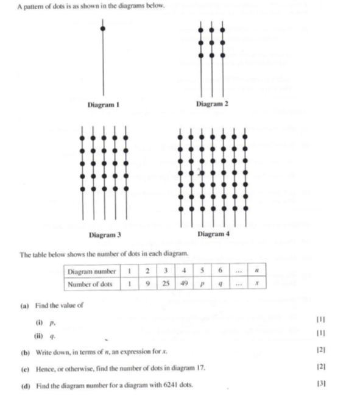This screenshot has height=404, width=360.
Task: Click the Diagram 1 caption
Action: [x=102, y=105]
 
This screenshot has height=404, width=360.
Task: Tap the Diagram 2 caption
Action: [x=212, y=105]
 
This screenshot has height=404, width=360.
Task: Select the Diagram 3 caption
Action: [x=105, y=235]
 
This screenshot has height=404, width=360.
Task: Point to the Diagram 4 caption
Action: [x=214, y=234]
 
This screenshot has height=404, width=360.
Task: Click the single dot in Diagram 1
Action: [x=102, y=29]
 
